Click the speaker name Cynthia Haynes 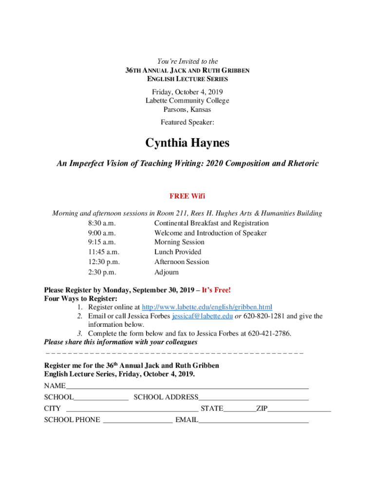pyautogui.click(x=187, y=143)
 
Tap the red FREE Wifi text pyautogui.click(x=187, y=196)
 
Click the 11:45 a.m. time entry pyautogui.click(x=104, y=252)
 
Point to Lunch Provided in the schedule pyautogui.click(x=178, y=252)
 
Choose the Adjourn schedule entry pyautogui.click(x=167, y=272)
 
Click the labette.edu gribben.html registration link pyautogui.click(x=206, y=307)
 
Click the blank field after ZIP pyautogui.click(x=299, y=410)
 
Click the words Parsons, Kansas pyautogui.click(x=187, y=110)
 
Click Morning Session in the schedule pyautogui.click(x=179, y=242)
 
